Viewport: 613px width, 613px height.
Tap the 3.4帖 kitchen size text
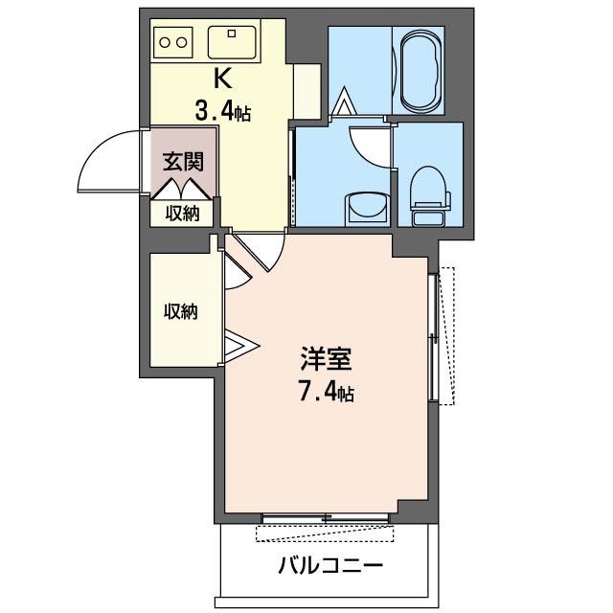222,111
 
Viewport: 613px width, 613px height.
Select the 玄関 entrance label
181,160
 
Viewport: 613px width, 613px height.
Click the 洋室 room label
326,361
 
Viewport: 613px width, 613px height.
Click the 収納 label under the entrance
182,213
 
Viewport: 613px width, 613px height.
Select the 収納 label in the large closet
180,311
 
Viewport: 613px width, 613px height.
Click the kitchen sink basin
230,42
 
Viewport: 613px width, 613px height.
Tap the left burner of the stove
164,42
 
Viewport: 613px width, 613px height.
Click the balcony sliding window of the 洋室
326,519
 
